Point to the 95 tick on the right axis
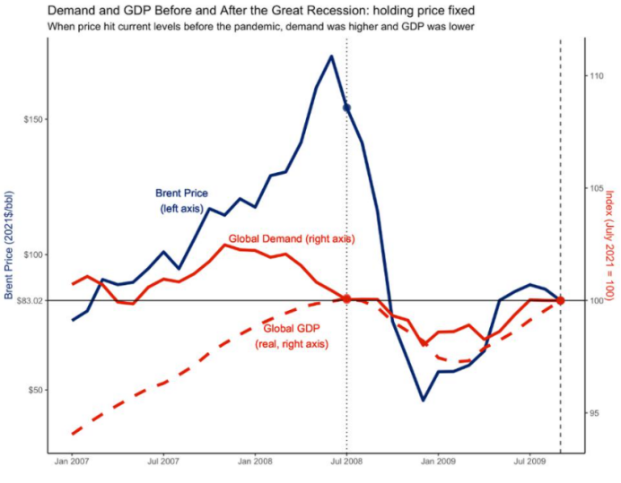(x=594, y=413)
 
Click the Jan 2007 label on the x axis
(x=72, y=463)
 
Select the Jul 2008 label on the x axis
(x=346, y=463)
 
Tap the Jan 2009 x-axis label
(x=439, y=463)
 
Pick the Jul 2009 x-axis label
(x=529, y=463)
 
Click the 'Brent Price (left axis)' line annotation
(x=182, y=201)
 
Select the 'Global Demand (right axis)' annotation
(x=291, y=239)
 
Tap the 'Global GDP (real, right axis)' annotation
(x=292, y=335)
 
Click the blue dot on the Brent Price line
(x=346, y=108)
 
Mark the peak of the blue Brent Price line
(x=331, y=56)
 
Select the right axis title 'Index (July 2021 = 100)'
(x=609, y=245)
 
